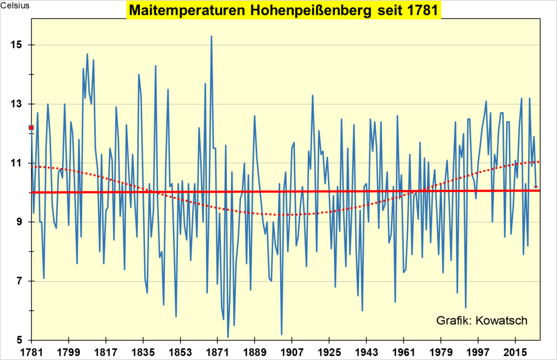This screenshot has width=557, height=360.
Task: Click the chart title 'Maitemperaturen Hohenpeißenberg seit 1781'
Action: tap(283, 10)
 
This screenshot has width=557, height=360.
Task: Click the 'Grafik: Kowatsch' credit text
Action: tap(481, 320)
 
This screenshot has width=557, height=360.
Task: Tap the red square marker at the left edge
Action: tap(32, 127)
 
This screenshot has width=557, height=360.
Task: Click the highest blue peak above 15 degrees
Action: tap(211, 36)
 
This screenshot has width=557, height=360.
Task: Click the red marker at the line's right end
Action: tap(536, 187)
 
